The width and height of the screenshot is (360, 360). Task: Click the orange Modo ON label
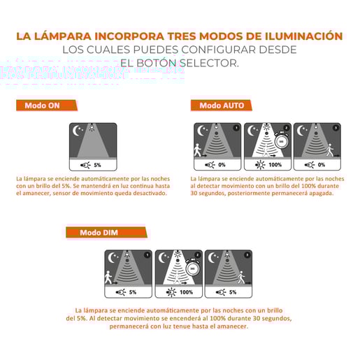[43, 106]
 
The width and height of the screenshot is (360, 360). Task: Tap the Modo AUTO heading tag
[222, 105]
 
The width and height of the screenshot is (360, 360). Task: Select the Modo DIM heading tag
[99, 233]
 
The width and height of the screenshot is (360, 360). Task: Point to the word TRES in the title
[176, 36]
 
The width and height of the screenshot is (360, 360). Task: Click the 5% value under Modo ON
[97, 165]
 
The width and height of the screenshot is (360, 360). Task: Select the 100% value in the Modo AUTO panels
[275, 165]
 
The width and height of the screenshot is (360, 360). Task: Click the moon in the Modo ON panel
[78, 130]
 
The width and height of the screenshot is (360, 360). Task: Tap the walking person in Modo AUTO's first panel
[198, 147]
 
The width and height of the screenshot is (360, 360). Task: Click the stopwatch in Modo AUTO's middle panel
[281, 141]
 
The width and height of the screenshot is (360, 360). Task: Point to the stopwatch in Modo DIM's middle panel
[192, 267]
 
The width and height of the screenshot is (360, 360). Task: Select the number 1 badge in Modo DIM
[146, 255]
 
